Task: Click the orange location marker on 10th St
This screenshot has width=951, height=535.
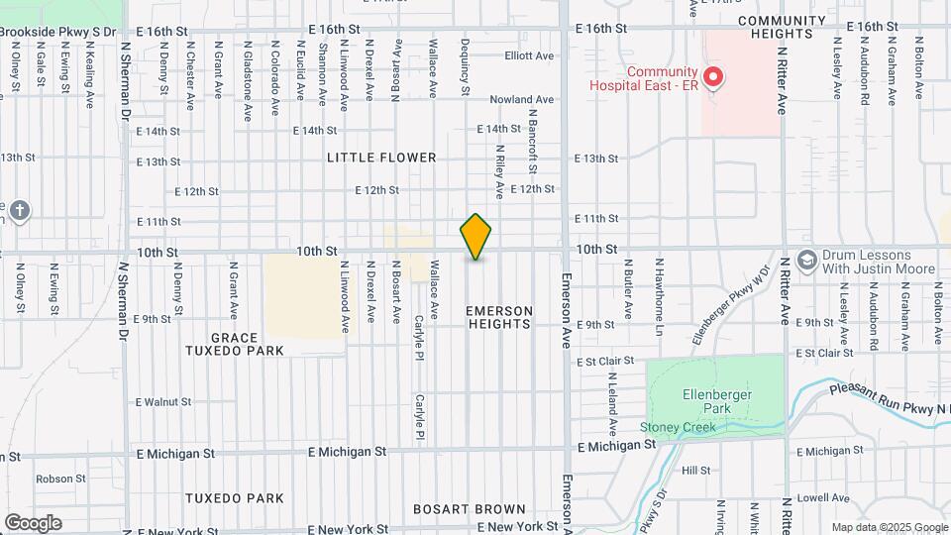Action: (x=476, y=237)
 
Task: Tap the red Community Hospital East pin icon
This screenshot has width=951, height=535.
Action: (x=712, y=76)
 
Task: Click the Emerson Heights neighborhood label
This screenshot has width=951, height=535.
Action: (x=499, y=317)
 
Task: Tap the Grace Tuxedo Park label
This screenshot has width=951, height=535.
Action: (x=234, y=344)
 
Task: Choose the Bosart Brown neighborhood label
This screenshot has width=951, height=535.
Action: (x=471, y=509)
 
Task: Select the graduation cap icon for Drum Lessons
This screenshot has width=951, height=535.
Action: (x=806, y=259)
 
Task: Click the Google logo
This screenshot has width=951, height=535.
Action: (x=32, y=522)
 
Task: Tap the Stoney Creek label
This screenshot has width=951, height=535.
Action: (x=678, y=428)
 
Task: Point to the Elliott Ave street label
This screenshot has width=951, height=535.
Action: (x=528, y=56)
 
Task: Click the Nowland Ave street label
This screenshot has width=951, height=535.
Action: (x=521, y=100)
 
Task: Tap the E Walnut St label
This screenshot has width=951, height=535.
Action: (x=162, y=402)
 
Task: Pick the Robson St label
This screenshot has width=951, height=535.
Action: (x=55, y=479)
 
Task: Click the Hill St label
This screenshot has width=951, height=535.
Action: (x=696, y=471)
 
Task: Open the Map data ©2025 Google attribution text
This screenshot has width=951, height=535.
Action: (x=888, y=527)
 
